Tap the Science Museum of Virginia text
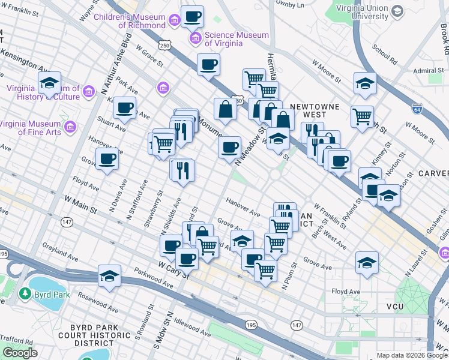[237, 39]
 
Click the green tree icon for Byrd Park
[25, 294]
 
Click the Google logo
[20, 353]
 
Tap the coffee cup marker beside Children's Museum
[192, 17]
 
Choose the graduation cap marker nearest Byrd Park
[109, 276]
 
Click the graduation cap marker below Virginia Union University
[364, 83]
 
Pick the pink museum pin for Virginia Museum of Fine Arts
[71, 127]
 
